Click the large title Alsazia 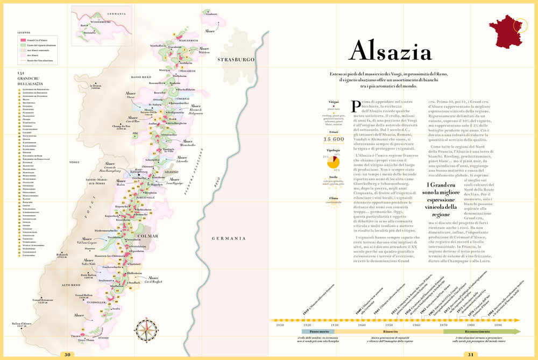(x=390, y=52)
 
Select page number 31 (x=470, y=354)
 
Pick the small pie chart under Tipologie (x=333, y=162)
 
